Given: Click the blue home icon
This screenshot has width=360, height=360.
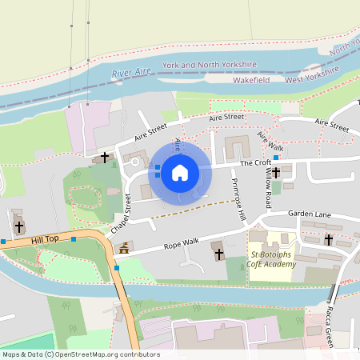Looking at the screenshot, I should [x=180, y=173].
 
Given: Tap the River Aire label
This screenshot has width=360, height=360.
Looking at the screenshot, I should [x=132, y=74].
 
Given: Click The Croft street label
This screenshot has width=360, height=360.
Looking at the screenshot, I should [x=258, y=162].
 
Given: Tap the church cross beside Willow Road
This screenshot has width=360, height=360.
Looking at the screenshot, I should [x=276, y=172].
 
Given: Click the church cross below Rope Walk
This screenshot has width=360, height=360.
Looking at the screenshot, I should [x=219, y=254].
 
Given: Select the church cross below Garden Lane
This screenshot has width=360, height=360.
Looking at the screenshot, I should [x=329, y=239].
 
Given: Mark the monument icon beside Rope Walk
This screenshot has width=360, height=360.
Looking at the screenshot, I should [x=123, y=250].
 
